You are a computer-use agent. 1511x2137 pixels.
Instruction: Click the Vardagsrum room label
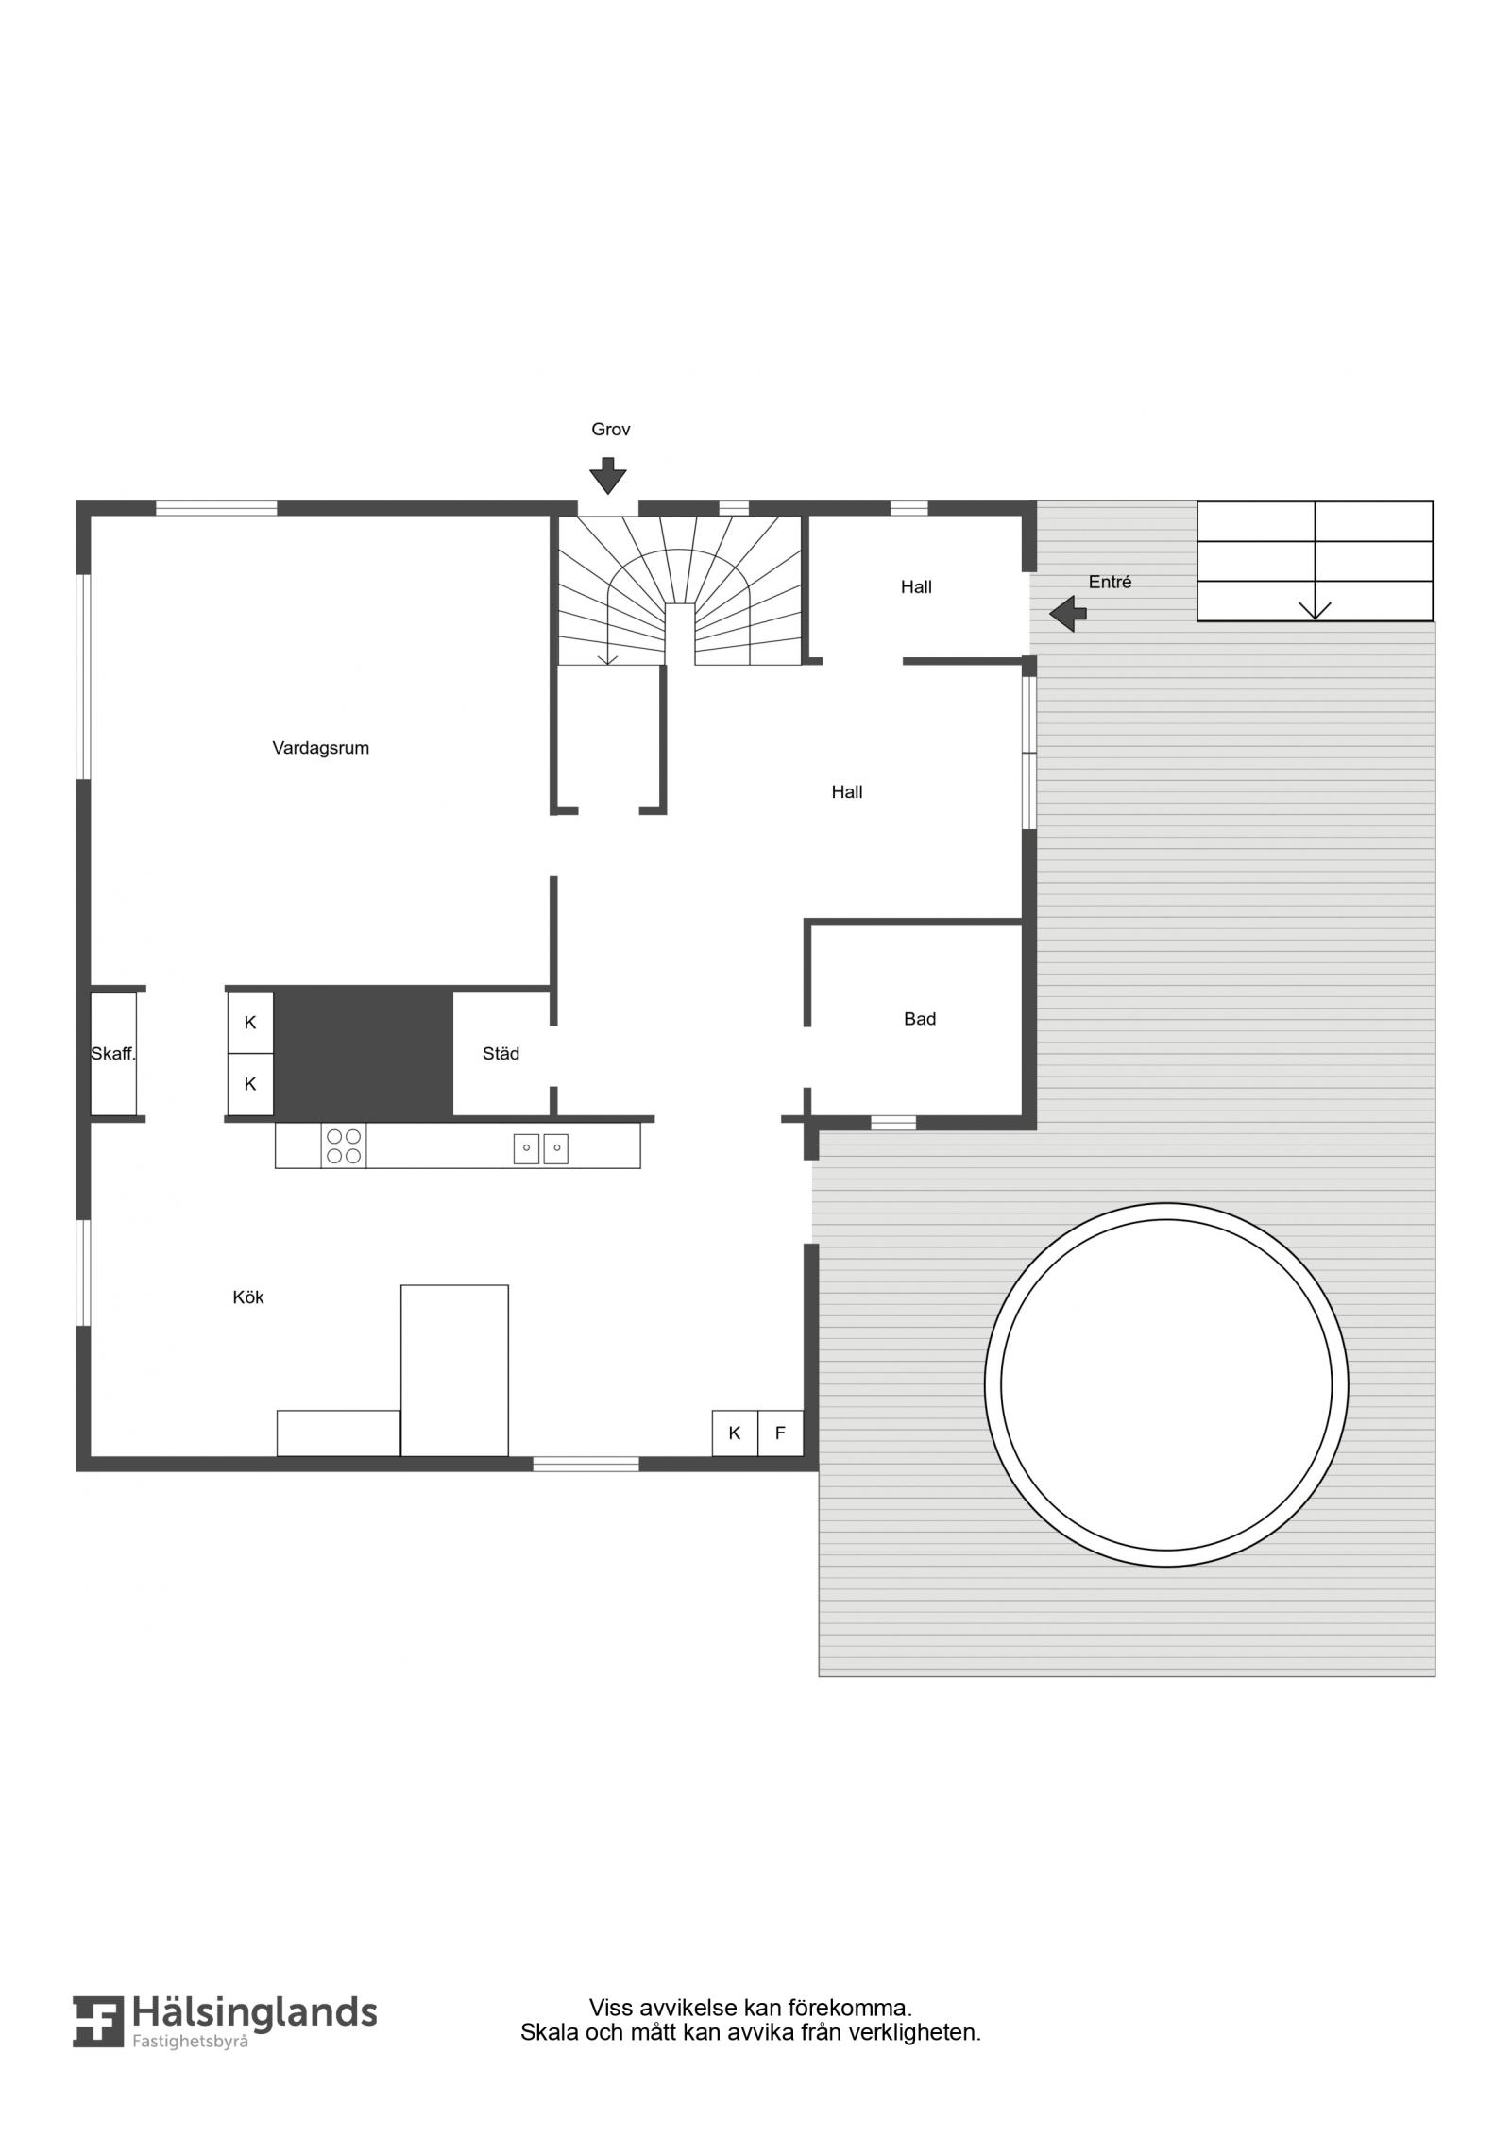[x=320, y=748]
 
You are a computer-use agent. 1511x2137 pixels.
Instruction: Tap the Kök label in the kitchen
[x=248, y=1297]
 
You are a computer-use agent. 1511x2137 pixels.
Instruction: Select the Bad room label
[x=920, y=1019]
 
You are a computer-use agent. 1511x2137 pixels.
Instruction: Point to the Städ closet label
[x=501, y=1054]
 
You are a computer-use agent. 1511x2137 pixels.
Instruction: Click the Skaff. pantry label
[x=113, y=1054]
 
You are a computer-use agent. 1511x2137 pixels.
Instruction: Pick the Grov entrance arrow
[x=608, y=476]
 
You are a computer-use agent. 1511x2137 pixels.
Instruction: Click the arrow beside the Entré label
[x=1068, y=614]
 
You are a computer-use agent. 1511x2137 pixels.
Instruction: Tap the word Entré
[x=1110, y=583]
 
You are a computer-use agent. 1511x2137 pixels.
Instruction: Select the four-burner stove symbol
[x=344, y=1145]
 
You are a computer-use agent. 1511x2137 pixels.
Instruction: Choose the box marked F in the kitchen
[x=780, y=1433]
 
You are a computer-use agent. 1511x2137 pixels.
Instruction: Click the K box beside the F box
[x=735, y=1433]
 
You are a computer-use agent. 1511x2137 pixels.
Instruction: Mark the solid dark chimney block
[x=364, y=1053]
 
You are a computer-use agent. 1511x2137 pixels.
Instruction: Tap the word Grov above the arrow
[x=610, y=430]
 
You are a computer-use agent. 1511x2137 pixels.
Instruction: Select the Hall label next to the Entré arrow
[x=916, y=587]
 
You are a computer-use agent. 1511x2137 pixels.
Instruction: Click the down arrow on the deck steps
[x=1315, y=609]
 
